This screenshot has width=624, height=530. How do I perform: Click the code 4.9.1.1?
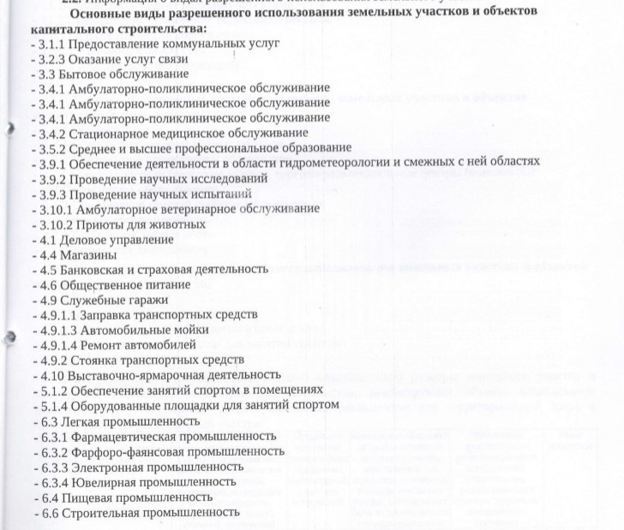pos(53,314)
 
